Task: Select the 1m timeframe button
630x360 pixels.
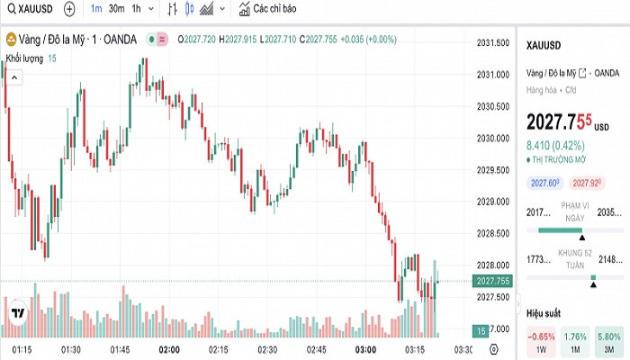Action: pos(95,9)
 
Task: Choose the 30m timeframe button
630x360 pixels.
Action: pos(116,9)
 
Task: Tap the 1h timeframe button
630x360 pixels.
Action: pos(137,9)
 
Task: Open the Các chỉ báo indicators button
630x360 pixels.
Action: pos(269,9)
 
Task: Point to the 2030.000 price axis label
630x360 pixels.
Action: pos(494,139)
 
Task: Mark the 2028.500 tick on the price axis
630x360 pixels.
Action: pos(494,233)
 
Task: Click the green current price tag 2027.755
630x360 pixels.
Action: pos(494,281)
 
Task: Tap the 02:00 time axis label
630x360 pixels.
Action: pos(169,349)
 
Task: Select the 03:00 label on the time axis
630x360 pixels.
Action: pos(365,349)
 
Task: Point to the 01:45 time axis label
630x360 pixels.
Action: pos(120,349)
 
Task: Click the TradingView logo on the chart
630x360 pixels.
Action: pos(18,313)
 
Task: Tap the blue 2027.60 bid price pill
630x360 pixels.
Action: pos(545,184)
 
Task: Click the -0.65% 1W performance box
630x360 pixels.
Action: pos(541,342)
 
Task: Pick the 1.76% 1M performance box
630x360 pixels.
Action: pos(574,342)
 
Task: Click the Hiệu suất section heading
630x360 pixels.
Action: pos(544,313)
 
